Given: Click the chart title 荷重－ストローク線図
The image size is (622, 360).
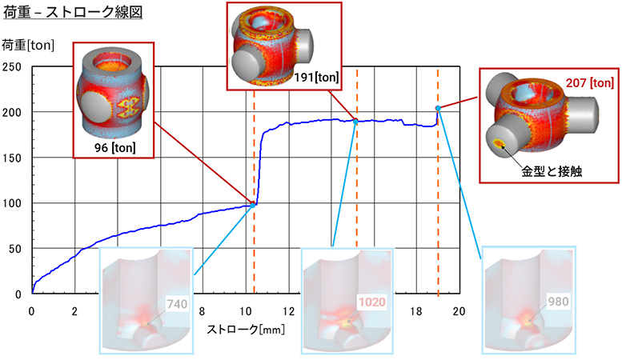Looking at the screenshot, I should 73,12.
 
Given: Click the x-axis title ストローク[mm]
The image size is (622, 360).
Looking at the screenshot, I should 244,329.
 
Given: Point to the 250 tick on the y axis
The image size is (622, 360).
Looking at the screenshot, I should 14,67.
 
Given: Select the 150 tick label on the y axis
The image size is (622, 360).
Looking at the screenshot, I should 14,158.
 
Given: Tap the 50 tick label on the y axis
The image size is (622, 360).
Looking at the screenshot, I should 17,250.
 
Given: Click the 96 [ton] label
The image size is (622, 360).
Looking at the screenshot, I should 112,149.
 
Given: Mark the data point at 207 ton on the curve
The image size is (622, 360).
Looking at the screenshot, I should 438,108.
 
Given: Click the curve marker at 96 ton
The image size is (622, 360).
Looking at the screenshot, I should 254,204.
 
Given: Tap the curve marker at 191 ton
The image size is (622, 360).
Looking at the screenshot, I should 356,121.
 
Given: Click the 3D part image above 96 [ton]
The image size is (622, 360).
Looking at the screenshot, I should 112,97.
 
